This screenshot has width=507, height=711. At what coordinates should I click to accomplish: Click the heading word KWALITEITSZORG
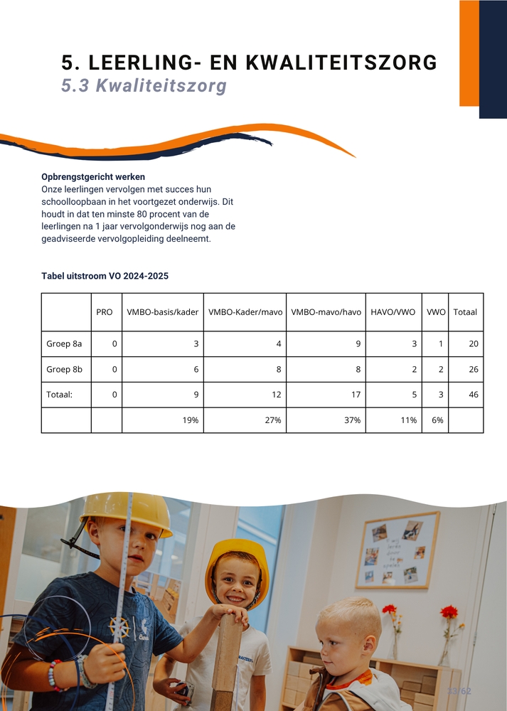pyautogui.click(x=341, y=63)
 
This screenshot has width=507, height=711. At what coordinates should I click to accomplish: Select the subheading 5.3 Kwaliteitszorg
pyautogui.click(x=144, y=86)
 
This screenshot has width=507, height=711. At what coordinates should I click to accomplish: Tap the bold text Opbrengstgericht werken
pyautogui.click(x=93, y=176)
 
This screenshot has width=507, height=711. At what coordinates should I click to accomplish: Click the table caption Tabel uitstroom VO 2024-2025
pyautogui.click(x=105, y=275)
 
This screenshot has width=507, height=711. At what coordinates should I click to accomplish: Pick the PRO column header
pyautogui.click(x=105, y=312)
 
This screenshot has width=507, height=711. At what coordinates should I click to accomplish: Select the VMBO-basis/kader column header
pyautogui.click(x=162, y=312)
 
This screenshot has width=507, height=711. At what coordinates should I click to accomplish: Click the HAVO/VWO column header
pyautogui.click(x=393, y=312)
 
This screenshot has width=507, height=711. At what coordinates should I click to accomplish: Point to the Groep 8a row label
pyautogui.click(x=64, y=344)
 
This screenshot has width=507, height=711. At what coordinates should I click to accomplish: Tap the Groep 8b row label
pyautogui.click(x=64, y=370)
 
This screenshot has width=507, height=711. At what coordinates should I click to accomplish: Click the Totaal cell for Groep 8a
pyautogui.click(x=473, y=344)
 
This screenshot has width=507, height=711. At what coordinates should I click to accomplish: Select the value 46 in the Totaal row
pyautogui.click(x=473, y=395)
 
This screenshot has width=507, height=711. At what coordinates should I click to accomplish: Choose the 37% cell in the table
pyautogui.click(x=352, y=420)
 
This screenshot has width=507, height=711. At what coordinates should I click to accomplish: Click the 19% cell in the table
pyautogui.click(x=190, y=420)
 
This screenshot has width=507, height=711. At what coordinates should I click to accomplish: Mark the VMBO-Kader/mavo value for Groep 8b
pyautogui.click(x=277, y=370)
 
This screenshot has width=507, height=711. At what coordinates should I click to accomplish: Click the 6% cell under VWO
pyautogui.click(x=437, y=420)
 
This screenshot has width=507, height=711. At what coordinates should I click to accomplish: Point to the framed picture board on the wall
pyautogui.click(x=397, y=550)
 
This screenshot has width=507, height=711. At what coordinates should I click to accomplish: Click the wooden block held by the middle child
pyautogui.click(x=227, y=658)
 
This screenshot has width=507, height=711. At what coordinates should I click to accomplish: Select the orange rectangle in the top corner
pyautogui.click(x=469, y=53)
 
